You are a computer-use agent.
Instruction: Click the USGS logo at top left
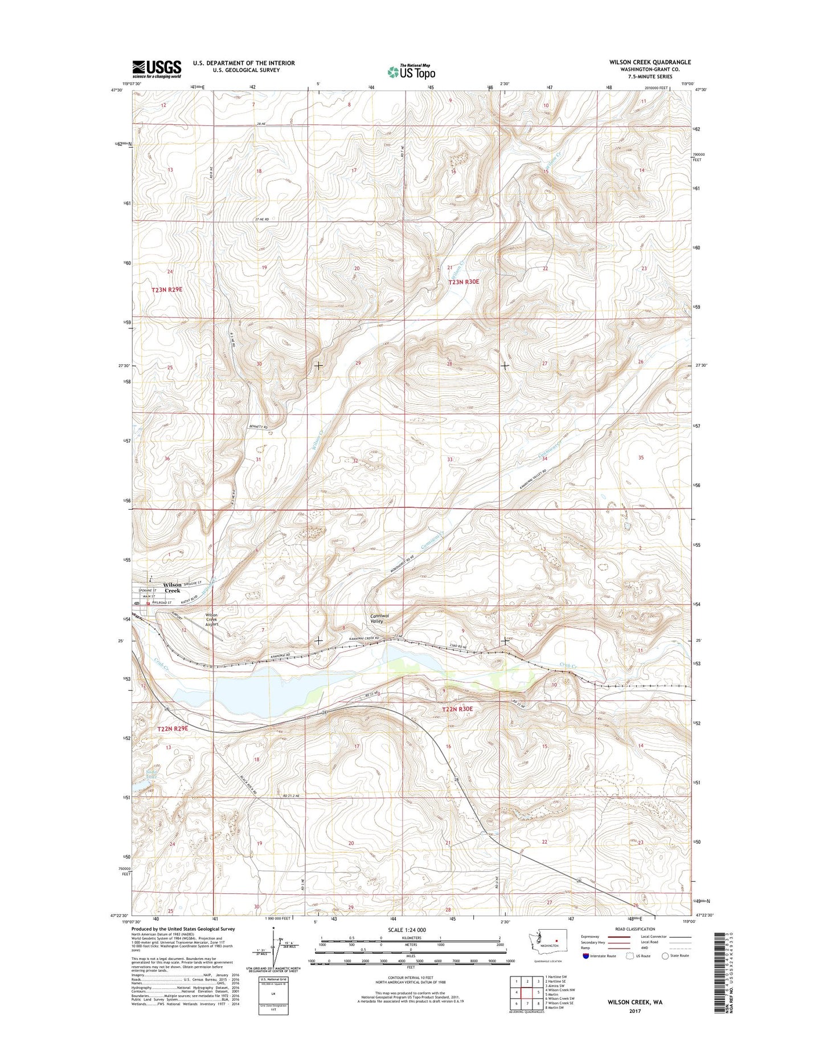157,69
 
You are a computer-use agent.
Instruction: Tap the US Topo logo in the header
411,72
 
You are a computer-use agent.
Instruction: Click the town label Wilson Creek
172,588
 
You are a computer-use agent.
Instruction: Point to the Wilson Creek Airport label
212,620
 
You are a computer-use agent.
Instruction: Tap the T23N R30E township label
464,282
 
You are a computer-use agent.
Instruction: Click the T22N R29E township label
173,729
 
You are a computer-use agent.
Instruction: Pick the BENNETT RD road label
257,426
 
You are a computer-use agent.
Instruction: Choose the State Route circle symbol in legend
665,972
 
